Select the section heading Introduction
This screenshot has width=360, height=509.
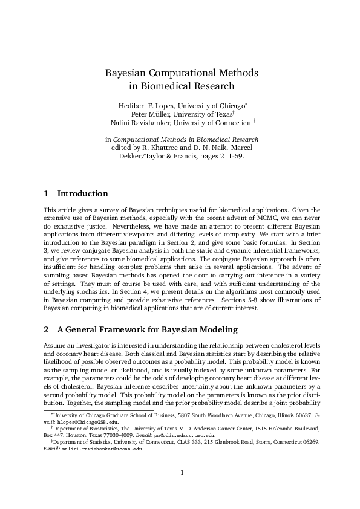point(82,194)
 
